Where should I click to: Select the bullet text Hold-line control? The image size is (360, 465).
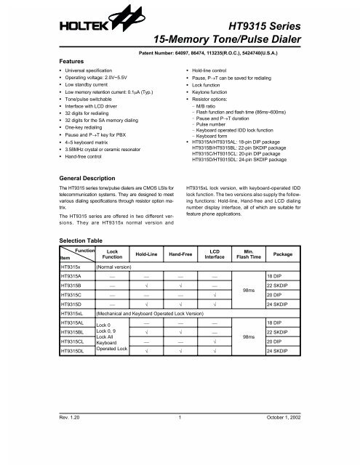(x=213, y=74)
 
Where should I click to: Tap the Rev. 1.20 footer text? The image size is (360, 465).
(x=73, y=437)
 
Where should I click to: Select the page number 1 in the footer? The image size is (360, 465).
(x=179, y=437)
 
